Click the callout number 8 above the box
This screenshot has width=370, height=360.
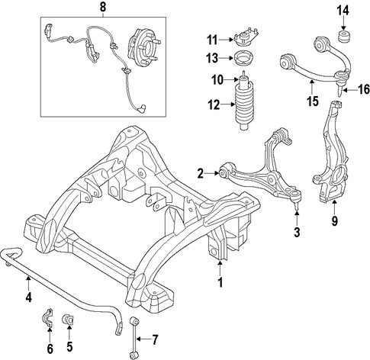tap(102, 8)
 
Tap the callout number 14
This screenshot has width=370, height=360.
tap(343, 11)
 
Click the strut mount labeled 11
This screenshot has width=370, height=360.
tap(246, 38)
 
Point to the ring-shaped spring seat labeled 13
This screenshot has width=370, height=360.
tap(244, 59)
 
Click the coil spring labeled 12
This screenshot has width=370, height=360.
tap(244, 105)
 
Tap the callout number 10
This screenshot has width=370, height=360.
tap(217, 80)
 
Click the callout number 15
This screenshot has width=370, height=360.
tap(313, 101)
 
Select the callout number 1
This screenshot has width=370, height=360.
tap(220, 282)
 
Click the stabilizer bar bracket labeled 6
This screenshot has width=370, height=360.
tap(48, 318)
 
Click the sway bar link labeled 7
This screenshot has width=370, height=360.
tap(134, 338)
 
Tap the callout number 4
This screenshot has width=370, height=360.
tap(28, 297)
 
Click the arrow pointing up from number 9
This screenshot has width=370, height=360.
tap(334, 207)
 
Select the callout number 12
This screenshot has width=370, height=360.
tap(214, 104)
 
